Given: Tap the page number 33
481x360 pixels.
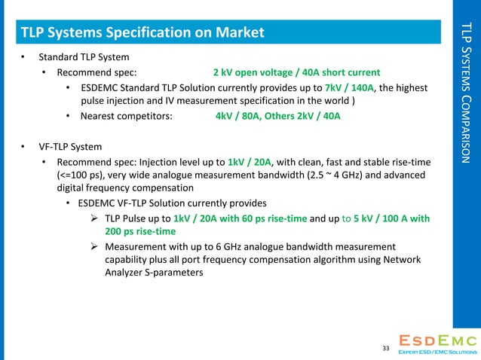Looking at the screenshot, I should click(386, 348).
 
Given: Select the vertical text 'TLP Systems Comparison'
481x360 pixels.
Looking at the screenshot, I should click(465, 93).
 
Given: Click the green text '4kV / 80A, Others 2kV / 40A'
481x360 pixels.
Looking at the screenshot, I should click(277, 117).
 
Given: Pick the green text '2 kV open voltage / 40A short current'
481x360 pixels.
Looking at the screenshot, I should click(296, 72).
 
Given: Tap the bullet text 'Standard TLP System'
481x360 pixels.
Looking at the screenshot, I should click(83, 57).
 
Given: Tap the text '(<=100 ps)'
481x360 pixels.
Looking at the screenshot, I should click(82, 175).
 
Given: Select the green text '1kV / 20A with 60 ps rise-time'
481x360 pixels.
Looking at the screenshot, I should click(240, 218).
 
